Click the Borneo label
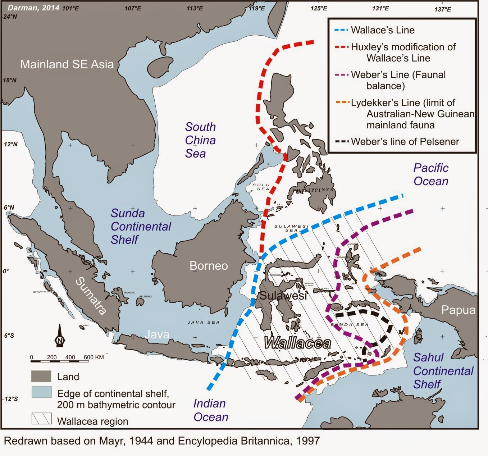coord(209,266)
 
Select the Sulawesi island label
coord(283,296)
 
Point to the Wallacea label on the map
coord(297,343)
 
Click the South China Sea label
coord(200,140)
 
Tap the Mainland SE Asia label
coord(67,64)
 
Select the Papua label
coord(458,310)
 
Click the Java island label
coord(157,334)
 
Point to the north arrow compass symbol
coord(60,336)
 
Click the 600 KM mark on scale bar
coord(94,357)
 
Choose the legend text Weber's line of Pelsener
coord(405,142)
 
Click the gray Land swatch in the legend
coord(41,377)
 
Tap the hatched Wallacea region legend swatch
coord(41,419)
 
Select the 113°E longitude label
coord(195,8)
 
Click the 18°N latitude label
coord(10,80)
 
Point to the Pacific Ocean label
coord(431,174)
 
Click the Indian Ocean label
coord(211,410)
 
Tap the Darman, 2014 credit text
coord(33,8)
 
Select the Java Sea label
coord(203,322)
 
